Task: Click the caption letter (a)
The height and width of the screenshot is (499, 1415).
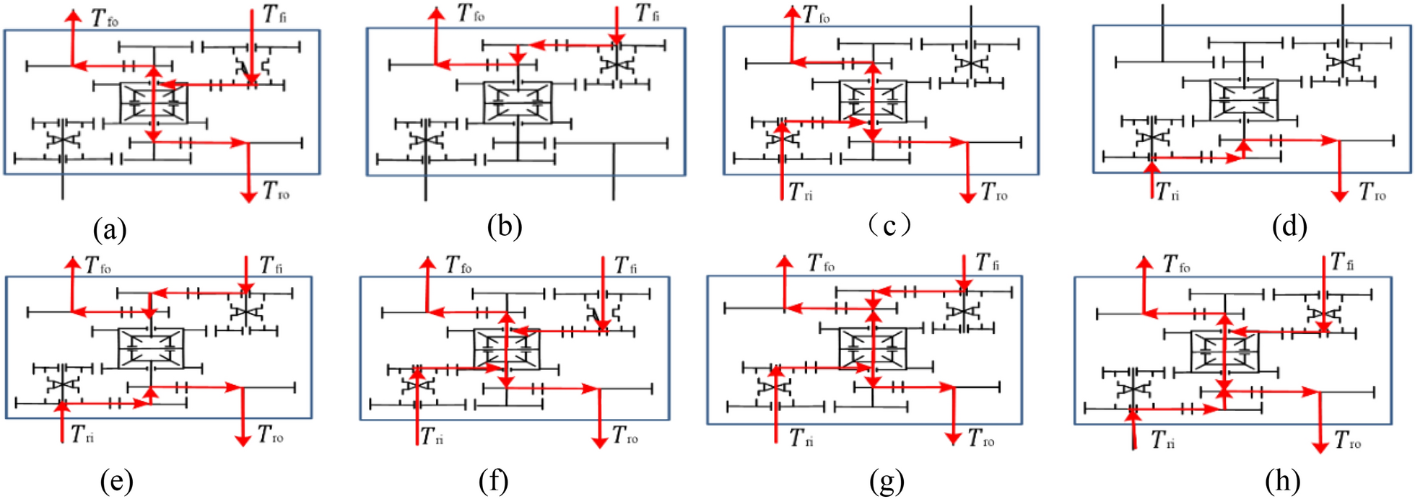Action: [x=110, y=231]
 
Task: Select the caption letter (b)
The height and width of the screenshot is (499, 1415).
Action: [x=504, y=227]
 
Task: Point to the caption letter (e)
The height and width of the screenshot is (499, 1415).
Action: [x=117, y=481]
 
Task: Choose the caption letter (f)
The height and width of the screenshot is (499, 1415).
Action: [x=493, y=481]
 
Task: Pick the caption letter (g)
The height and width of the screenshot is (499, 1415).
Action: [x=887, y=481]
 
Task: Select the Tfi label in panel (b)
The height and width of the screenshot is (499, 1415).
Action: [x=647, y=14]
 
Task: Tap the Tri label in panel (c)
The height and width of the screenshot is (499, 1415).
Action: [x=801, y=193]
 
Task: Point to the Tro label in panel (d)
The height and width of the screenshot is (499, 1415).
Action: [x=1372, y=192]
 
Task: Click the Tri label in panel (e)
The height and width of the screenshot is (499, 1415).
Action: [x=82, y=435]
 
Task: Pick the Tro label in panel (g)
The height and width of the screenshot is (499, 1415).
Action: [x=982, y=438]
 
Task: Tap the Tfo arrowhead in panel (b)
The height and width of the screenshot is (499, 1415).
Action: [x=436, y=12]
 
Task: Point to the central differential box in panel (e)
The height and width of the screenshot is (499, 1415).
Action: [x=151, y=348]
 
